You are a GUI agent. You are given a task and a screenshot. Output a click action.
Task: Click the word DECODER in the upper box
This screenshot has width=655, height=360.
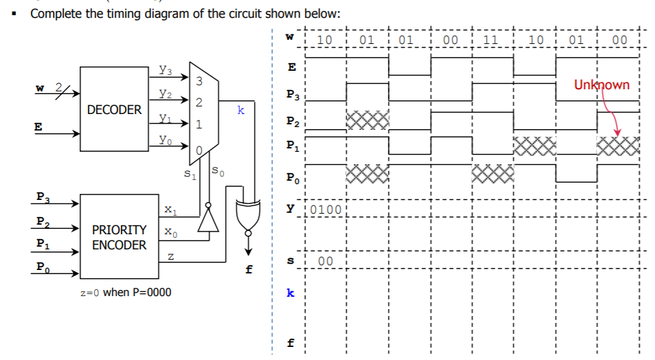pos(114,110)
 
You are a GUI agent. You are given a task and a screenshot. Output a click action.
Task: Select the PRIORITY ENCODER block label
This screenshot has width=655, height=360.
pos(119,237)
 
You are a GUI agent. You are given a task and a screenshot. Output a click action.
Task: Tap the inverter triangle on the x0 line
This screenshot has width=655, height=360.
pos(208,221)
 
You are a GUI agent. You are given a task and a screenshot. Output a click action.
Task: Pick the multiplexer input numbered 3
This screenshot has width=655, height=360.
pos(199,82)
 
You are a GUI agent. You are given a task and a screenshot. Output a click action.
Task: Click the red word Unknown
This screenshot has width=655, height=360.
pos(601,85)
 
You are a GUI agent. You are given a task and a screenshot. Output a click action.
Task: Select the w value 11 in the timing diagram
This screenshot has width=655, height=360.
pos(492,40)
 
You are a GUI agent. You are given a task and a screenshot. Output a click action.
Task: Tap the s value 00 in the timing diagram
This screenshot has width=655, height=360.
pos(325,262)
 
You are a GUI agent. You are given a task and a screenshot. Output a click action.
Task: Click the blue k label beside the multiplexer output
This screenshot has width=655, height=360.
pos(239,109)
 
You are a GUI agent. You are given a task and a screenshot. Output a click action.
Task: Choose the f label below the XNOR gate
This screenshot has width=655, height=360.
pos(248,270)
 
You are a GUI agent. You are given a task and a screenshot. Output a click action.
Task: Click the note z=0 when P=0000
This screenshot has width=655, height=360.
pos(126,292)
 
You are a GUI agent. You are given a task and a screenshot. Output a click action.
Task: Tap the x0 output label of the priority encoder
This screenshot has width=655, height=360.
pos(170,232)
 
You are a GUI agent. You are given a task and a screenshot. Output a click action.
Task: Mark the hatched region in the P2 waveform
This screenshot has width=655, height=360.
pos(367,120)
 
